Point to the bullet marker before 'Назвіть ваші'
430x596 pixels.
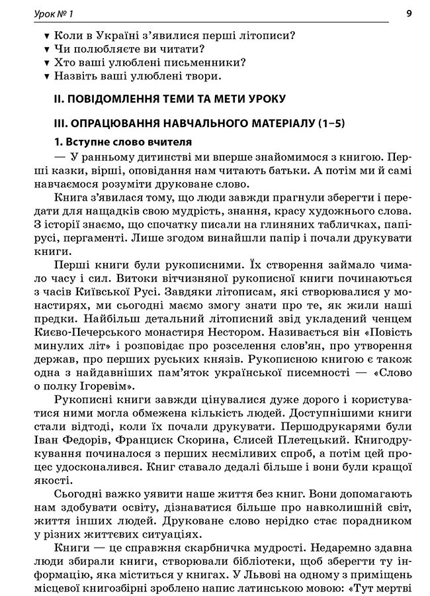46,77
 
